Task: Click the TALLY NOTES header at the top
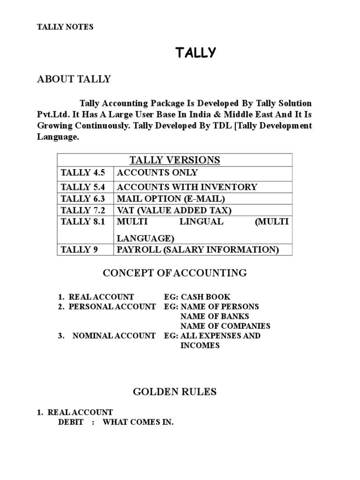65,27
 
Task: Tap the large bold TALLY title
195,53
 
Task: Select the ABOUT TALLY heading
74,79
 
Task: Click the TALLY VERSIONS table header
174,160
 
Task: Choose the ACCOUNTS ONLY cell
157,173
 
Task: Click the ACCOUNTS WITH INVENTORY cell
187,187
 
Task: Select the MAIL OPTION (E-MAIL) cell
171,199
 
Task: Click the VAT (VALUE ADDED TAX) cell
174,210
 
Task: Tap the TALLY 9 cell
75,250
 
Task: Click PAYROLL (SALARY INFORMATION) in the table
198,250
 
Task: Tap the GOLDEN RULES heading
175,391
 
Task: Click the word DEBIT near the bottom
71,422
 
